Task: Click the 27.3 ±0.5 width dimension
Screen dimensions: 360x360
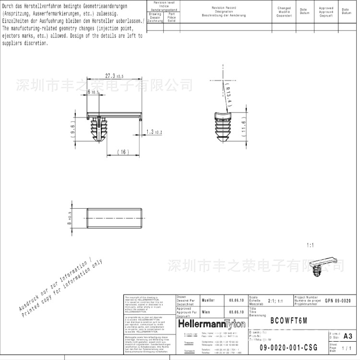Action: coord(114,76)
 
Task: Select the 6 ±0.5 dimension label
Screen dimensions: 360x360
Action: coord(92,92)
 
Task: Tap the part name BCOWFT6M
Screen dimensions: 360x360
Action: coord(288,321)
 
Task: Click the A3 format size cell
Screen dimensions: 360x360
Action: coord(348,336)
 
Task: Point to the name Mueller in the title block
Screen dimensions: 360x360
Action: coord(209,300)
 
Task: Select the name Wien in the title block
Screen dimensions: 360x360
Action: coord(206,312)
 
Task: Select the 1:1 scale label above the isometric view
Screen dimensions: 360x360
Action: coord(310,245)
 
